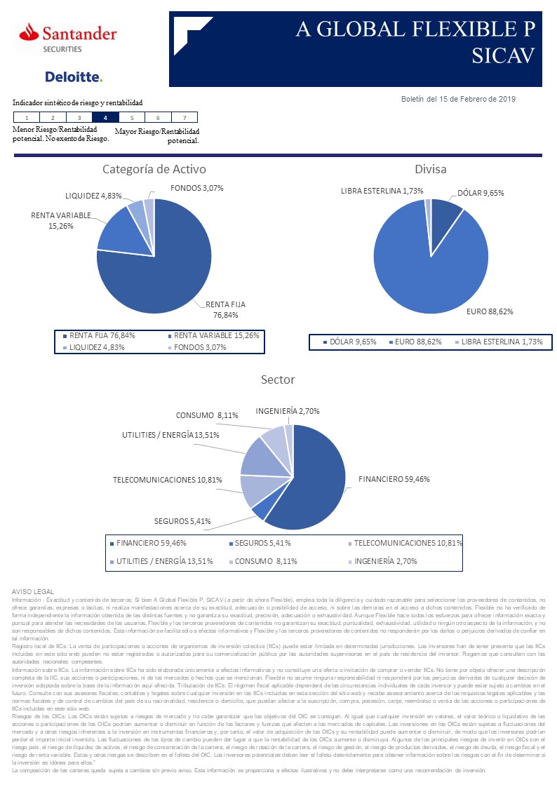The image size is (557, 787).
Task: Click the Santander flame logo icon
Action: coord(28,32)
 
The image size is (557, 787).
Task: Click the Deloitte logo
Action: coord(74,76)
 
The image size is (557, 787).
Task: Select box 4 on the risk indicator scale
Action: coord(105,118)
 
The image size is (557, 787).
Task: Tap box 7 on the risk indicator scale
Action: coord(184,118)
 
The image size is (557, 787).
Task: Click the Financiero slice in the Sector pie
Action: coord(312,477)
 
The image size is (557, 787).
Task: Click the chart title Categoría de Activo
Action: coord(154,169)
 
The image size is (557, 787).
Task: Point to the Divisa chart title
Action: coord(430,169)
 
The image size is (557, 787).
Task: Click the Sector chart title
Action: coord(278,379)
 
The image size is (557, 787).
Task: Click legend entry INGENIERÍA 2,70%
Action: coord(386,561)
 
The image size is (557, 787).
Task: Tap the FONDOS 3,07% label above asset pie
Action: coord(197,188)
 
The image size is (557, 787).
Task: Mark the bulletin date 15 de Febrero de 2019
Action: coord(458,99)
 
